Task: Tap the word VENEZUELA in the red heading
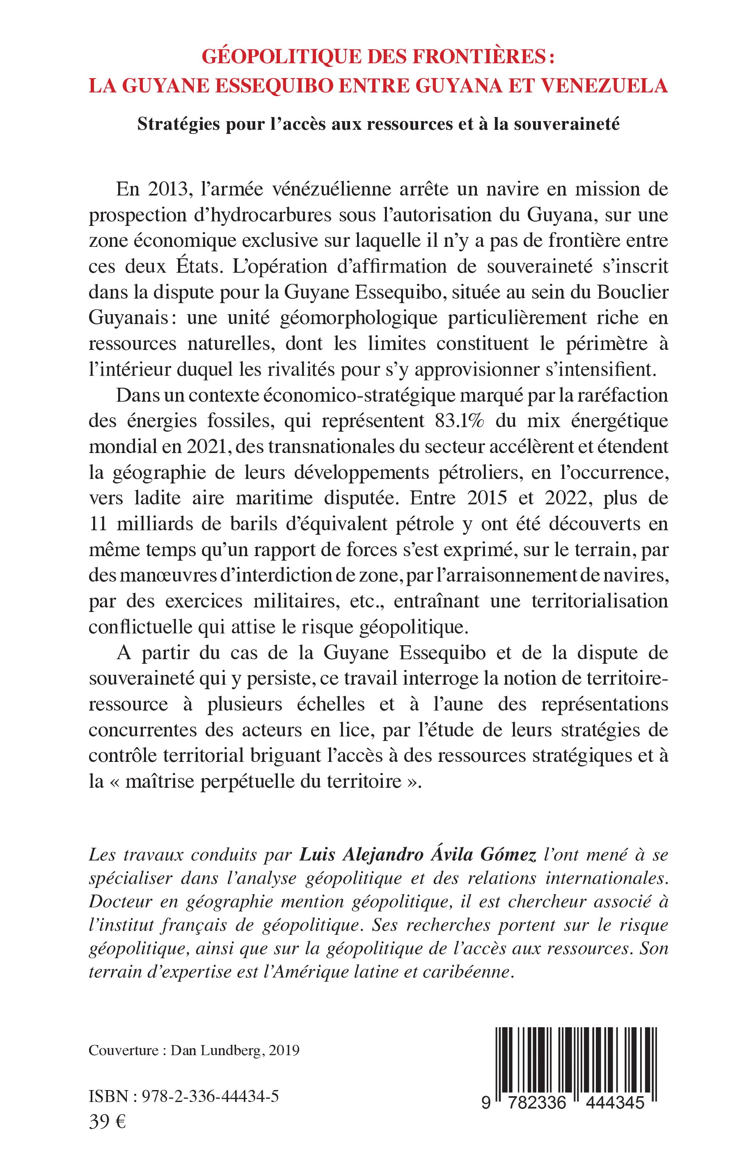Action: (x=604, y=85)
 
